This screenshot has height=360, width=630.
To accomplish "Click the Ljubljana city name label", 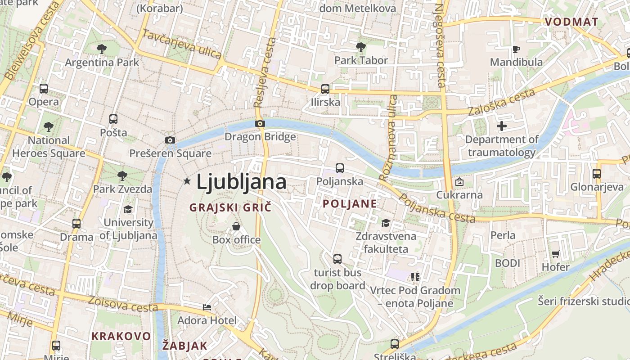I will pos(241,182).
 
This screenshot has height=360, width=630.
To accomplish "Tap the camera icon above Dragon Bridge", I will pos(260,123).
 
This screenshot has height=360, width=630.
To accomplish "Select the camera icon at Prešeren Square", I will pos(170,140).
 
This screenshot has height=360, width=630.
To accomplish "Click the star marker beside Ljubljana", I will pos(187,181).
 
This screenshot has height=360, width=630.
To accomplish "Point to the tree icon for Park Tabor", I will pos(360,47).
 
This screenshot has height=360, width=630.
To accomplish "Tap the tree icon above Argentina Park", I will pos(102,48).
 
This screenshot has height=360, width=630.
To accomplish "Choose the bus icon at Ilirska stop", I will pos(325,89).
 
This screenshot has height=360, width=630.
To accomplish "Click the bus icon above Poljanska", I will pos(340,168).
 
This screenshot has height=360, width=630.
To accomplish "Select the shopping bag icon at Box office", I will pos(236,226).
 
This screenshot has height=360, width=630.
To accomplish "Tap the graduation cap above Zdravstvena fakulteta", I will pos(386,223).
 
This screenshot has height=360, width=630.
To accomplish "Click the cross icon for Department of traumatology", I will pos(502,126).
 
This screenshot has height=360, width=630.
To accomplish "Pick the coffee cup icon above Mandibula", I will pos(516,49).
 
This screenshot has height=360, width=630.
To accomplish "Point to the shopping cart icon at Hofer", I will pos(556,254).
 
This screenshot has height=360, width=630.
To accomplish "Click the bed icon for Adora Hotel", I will pos(207,307).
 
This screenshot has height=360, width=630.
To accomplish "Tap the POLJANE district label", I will pos(350,203).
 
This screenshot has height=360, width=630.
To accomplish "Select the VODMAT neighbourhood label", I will pos(571,22).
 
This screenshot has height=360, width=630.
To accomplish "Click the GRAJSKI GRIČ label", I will pos(230,207).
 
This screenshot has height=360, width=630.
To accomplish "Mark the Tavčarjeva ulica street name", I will pos(182,44).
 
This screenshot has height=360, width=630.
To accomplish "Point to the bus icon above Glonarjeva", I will pos(597,173).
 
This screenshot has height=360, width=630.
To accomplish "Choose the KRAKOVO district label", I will pos(121,336).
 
